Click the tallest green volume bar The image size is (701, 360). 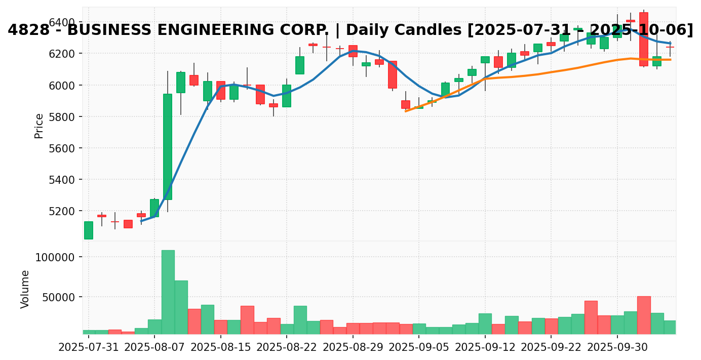pyautogui.click(x=168, y=292)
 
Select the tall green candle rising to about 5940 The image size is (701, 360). pyautogui.click(x=168, y=146)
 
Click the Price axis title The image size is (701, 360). pyautogui.click(x=39, y=126)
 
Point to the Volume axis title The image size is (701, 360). pyautogui.click(x=25, y=289)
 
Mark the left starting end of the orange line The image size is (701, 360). pyautogui.click(x=406, y=111)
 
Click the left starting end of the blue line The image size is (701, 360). pyautogui.click(x=141, y=221)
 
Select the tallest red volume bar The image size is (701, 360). pyautogui.click(x=644, y=315)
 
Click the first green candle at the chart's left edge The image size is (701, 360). pyautogui.click(x=89, y=230)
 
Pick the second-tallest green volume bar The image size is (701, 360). pyautogui.click(x=181, y=307)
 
